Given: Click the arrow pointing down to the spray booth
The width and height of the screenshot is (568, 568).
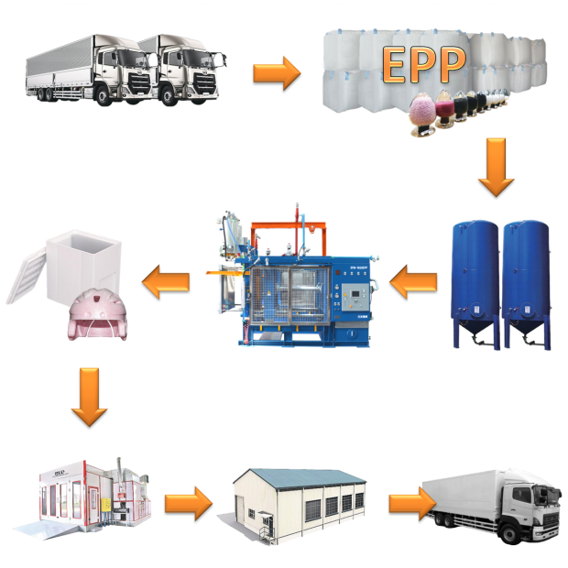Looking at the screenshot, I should point(88,396).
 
